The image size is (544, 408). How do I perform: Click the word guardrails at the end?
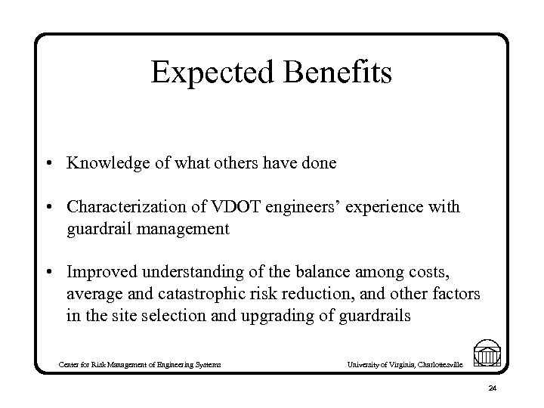click(x=373, y=316)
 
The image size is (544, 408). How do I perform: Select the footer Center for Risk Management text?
click(x=140, y=365)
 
